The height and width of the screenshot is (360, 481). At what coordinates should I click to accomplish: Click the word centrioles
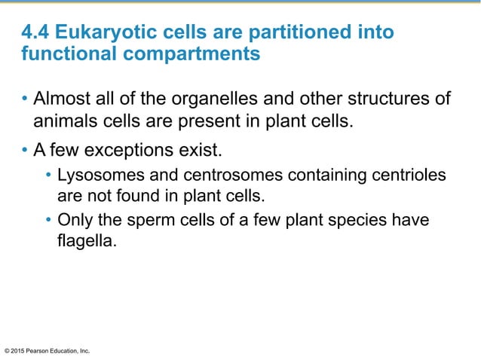tap(408, 176)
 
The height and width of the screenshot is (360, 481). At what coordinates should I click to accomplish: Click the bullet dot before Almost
tap(26, 101)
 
